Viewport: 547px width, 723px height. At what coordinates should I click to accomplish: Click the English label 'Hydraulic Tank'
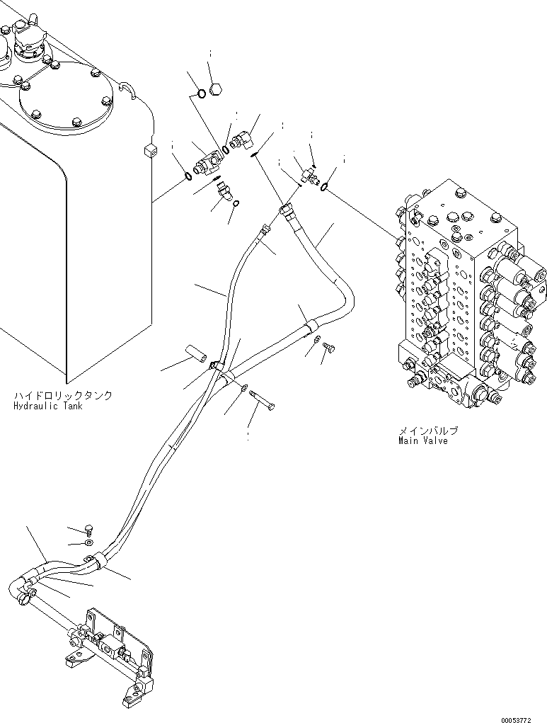(x=47, y=406)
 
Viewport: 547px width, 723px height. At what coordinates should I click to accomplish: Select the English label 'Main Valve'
(x=422, y=440)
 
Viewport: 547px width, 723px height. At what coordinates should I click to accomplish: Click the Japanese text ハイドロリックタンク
(x=62, y=396)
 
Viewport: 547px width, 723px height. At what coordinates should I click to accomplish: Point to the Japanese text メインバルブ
(x=428, y=430)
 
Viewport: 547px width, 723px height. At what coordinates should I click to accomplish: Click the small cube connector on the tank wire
(x=148, y=150)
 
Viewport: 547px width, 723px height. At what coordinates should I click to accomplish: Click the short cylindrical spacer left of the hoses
(x=196, y=352)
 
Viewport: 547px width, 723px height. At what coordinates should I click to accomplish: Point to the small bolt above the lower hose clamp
(x=89, y=528)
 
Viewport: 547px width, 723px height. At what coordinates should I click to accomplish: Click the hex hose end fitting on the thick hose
(x=286, y=210)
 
